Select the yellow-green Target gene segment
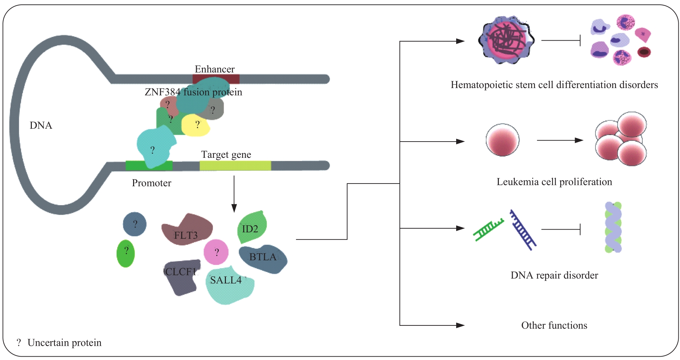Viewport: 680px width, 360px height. tap(235, 166)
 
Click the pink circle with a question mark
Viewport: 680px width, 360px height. tap(216, 252)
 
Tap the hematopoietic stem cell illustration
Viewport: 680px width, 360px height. tap(506, 40)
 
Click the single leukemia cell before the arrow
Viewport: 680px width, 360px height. tap(503, 140)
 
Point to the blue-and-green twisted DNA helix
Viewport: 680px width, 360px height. tap(613, 227)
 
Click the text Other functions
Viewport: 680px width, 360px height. tap(554, 325)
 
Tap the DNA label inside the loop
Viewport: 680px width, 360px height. tap(41, 125)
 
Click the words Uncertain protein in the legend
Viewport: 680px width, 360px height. tap(64, 343)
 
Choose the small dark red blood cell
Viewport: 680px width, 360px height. tap(644, 52)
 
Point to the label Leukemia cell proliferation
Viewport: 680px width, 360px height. tap(554, 182)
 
